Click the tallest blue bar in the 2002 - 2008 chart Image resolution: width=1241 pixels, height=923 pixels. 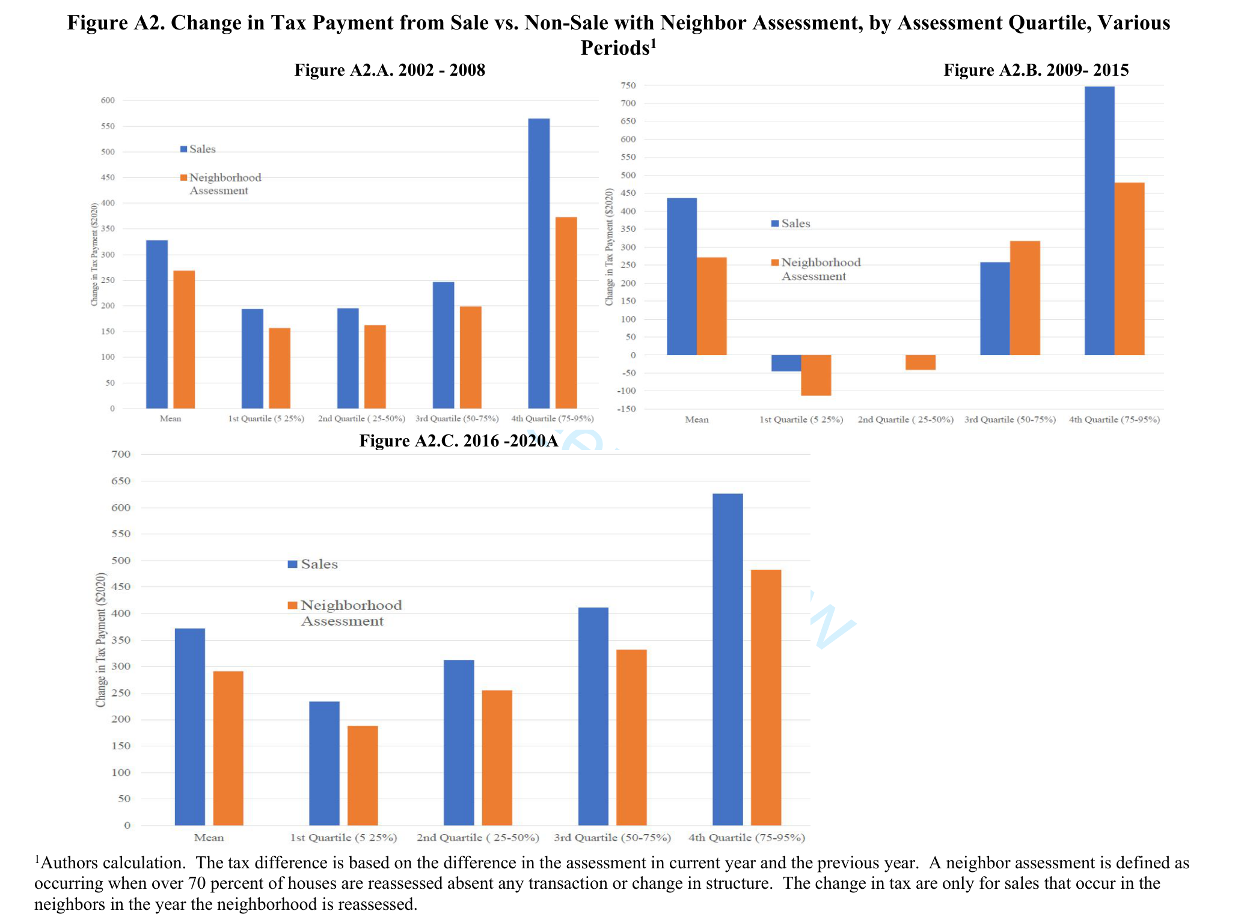click(x=539, y=263)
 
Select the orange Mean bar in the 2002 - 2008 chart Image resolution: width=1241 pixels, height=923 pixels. click(x=184, y=340)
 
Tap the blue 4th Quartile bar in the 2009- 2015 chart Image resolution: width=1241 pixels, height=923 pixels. click(x=1099, y=221)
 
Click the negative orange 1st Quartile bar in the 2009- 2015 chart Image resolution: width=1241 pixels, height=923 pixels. click(x=816, y=375)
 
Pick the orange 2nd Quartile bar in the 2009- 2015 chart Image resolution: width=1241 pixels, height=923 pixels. click(x=921, y=362)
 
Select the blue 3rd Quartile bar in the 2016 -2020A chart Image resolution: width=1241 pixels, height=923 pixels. click(x=593, y=716)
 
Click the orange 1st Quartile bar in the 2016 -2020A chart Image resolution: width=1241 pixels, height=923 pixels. click(x=363, y=775)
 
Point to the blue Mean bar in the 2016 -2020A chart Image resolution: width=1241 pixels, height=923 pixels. click(x=189, y=727)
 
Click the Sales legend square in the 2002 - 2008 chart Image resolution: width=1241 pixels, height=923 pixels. click(x=183, y=149)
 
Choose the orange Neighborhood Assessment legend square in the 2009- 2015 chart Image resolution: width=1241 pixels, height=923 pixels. click(x=775, y=263)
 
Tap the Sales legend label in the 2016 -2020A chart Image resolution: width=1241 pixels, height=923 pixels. click(x=319, y=564)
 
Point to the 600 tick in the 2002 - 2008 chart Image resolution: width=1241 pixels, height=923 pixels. click(x=108, y=100)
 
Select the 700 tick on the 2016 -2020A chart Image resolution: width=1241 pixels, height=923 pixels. click(x=121, y=454)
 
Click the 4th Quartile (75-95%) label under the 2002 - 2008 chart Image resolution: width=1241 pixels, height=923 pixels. click(x=552, y=419)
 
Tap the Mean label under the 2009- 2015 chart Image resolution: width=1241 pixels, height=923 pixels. click(x=697, y=419)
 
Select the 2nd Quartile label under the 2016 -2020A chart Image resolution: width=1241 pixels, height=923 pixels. click(x=477, y=838)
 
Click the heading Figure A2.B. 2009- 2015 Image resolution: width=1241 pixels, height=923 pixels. click(x=1036, y=70)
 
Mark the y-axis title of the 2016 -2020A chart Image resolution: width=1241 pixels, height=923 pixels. click(x=101, y=639)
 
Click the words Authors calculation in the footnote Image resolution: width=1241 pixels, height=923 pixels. click(x=112, y=863)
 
